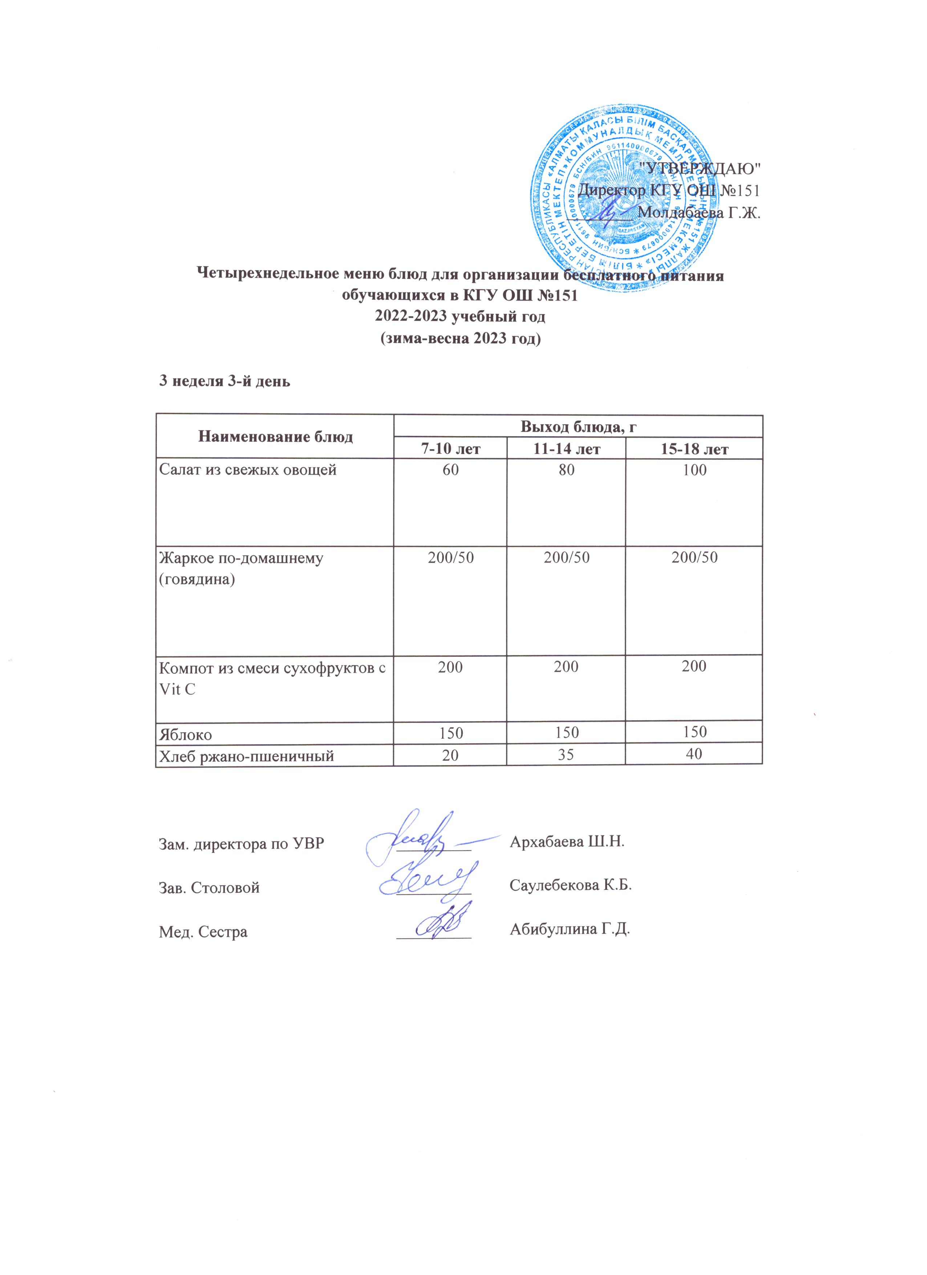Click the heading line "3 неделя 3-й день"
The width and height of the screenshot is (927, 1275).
(x=225, y=381)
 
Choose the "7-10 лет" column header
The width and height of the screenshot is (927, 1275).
(x=450, y=449)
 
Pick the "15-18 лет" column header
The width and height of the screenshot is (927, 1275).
(x=694, y=449)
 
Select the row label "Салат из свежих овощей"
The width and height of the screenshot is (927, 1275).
(x=248, y=470)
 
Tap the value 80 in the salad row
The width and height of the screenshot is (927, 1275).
(x=566, y=470)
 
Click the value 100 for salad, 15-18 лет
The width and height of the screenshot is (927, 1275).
(x=694, y=470)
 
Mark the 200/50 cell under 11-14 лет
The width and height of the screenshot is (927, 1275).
(x=566, y=557)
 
